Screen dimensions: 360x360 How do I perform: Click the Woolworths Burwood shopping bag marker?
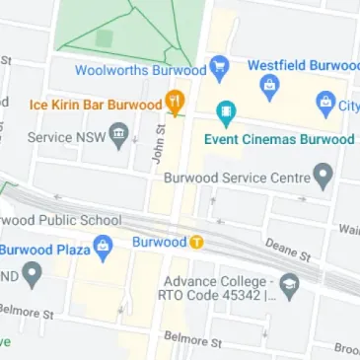pos(219,69)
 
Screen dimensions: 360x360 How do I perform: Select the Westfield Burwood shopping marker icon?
pos(267,88)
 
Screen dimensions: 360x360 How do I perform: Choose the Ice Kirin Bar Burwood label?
pos(95,103)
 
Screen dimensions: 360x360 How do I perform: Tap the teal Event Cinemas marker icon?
pos(226,113)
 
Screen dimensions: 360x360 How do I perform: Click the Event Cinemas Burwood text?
pos(278,139)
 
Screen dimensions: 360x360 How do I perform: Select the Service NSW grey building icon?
pos(119,134)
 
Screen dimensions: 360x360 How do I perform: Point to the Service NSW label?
pos(66,136)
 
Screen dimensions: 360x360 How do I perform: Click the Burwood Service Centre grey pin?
pos(324,178)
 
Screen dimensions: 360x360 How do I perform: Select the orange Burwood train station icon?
pos(196,242)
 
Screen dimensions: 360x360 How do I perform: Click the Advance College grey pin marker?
pos(289,288)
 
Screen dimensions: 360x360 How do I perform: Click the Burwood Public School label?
pos(61,220)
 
